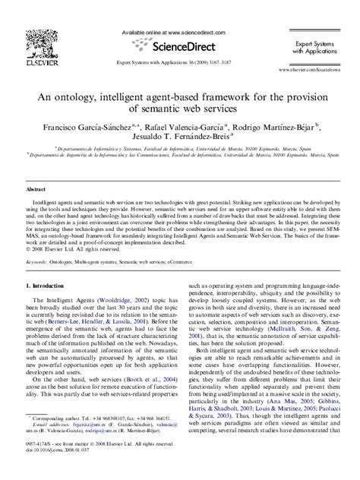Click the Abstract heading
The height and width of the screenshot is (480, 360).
pos(36,188)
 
